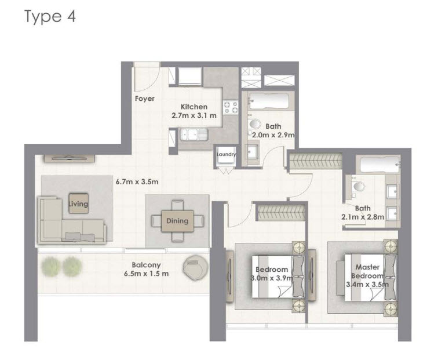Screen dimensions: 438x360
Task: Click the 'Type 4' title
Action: (50, 16)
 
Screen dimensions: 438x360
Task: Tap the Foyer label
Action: (145, 99)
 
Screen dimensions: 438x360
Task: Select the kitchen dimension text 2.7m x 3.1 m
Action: (194, 115)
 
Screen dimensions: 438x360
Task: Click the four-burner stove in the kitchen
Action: (231, 107)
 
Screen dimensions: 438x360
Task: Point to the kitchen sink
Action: (194, 134)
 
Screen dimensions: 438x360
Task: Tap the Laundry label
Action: (226, 154)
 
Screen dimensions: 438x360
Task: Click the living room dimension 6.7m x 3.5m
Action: (137, 181)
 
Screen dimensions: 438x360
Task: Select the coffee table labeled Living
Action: (78, 203)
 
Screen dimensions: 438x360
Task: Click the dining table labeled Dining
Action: (177, 221)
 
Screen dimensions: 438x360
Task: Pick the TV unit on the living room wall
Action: (70, 158)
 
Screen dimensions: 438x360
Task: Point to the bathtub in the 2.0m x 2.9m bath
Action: (269, 101)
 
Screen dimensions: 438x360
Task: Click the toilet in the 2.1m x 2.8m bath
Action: (357, 187)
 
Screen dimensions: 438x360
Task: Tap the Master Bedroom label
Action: (367, 271)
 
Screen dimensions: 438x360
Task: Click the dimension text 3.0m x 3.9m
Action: (272, 278)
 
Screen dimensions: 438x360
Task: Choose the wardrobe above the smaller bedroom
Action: (281, 213)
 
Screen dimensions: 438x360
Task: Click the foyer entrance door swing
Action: (147, 77)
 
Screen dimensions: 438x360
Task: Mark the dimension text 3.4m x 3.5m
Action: (367, 285)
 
